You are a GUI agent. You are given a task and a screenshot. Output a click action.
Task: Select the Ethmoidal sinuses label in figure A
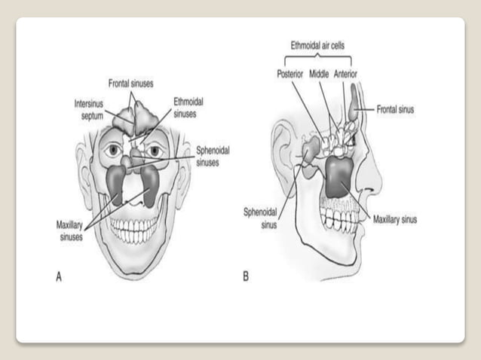coord(188,108)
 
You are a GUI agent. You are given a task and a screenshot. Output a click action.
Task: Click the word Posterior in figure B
coord(291,74)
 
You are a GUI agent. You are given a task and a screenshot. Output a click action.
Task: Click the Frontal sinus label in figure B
coord(394,109)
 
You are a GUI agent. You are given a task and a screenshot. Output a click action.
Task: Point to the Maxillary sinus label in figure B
coord(395,220)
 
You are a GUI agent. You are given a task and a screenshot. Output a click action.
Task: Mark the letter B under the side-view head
coord(246,276)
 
